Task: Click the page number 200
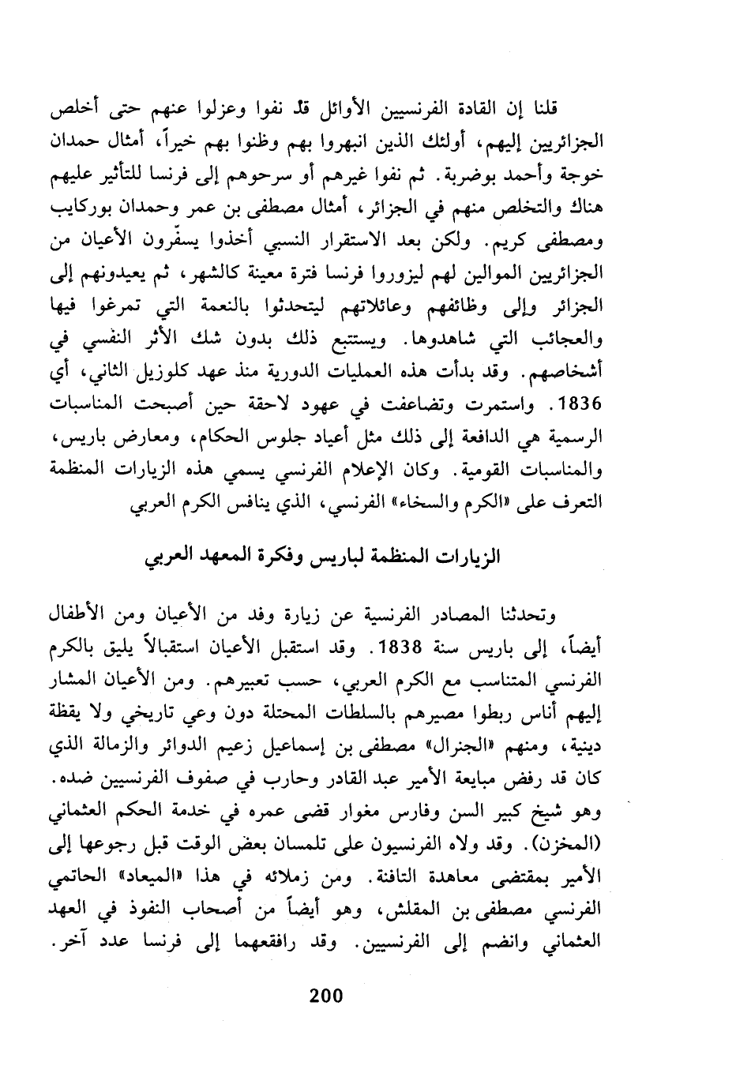(x=325, y=995)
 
